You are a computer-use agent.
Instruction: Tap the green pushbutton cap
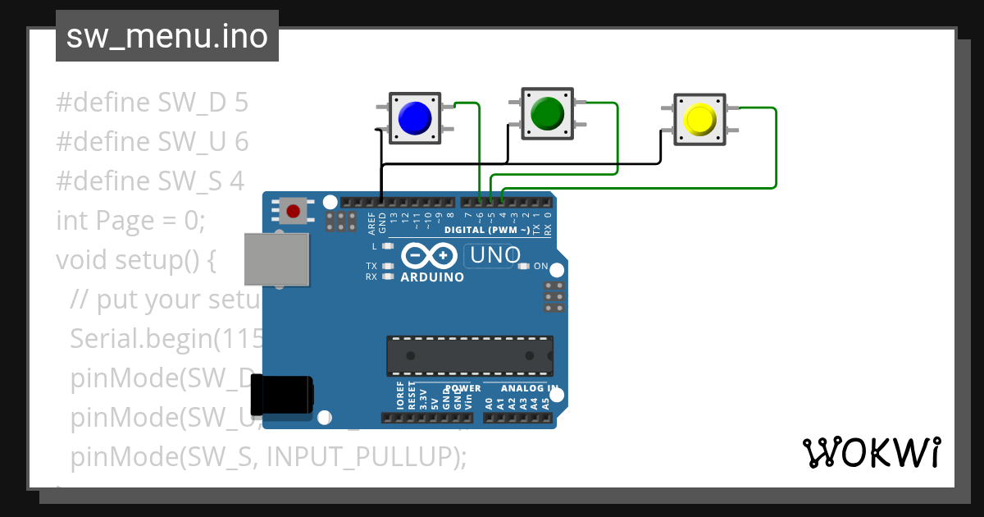coord(548,113)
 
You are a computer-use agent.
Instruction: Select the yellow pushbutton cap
coord(699,120)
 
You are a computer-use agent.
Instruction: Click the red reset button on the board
coord(293,211)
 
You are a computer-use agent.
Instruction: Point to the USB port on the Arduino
coord(277,258)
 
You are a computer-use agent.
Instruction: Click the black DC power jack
coord(281,395)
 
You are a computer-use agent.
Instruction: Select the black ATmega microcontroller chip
coord(470,355)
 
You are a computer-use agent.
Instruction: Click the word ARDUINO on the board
coord(432,277)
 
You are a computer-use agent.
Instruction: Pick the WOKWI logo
coord(871,452)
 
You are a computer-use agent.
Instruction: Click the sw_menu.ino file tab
coord(167,36)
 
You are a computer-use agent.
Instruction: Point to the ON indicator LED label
coord(540,267)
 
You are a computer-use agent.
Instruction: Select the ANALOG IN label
coord(530,388)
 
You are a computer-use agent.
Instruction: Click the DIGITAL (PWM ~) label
coord(486,230)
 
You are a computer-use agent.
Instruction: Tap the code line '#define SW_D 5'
coord(152,103)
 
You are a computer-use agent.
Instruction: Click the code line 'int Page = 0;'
coord(130,221)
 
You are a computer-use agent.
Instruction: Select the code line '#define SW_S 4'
coord(150,181)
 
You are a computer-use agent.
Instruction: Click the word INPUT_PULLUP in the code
coord(360,456)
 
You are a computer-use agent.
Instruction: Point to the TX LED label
coord(371,266)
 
